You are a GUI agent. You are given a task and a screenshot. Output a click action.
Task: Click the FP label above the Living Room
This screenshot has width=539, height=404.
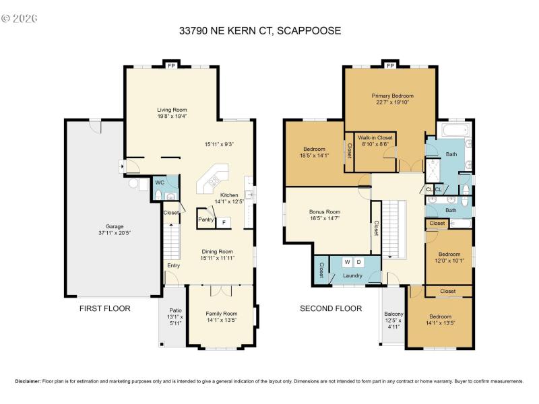[x=172, y=66]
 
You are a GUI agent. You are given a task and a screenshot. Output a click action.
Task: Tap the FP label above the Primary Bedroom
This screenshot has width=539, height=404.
[x=391, y=66]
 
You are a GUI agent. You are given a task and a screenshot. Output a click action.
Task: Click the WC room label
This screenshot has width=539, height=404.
[x=160, y=182]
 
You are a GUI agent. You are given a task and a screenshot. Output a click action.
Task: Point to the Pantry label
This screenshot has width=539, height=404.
[x=205, y=220]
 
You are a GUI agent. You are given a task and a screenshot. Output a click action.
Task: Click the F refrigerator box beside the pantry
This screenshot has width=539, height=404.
[x=224, y=222]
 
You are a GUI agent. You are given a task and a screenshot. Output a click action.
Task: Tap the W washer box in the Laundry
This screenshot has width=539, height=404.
[x=348, y=262]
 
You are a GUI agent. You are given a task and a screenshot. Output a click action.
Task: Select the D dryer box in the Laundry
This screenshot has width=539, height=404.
[x=359, y=262]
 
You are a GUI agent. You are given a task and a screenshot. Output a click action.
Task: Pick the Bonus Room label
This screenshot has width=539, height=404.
[x=325, y=211]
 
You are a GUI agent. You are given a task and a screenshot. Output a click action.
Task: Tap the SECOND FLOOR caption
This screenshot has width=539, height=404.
[x=331, y=308]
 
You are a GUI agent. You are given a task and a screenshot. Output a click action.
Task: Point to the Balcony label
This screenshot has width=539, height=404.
[x=393, y=314]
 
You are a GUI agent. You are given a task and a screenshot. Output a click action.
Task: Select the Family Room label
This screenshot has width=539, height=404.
[x=222, y=313]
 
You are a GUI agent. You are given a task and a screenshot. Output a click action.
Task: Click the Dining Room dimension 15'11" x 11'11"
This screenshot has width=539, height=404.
[x=216, y=258]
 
